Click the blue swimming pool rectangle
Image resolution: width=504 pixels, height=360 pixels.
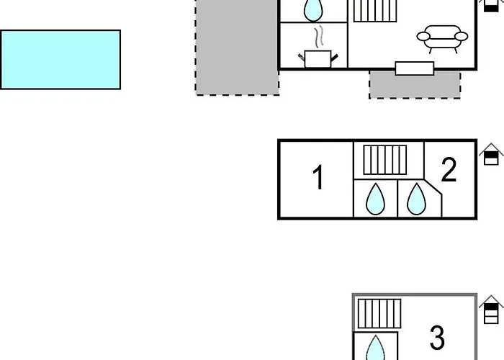click(60, 59)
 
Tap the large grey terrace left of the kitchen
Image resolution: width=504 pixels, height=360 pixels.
click(236, 50)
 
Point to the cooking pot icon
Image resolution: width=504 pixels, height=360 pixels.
click(318, 58)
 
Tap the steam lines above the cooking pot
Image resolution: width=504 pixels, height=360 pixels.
click(319, 37)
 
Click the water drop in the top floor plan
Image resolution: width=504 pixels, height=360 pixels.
click(313, 10)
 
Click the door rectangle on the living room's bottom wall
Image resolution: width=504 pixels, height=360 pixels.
click(415, 68)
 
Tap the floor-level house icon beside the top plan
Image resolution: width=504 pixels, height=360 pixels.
click(491, 4)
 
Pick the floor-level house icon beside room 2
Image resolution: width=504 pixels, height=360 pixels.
click(491, 155)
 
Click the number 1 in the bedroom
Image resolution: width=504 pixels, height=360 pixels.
click(318, 178)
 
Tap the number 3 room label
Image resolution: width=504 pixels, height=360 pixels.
click(437, 336)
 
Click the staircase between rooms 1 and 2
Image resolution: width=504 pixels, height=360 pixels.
click(385, 159)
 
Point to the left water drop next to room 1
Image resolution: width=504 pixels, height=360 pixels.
click(374, 199)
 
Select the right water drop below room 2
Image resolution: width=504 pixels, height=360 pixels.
click(415, 199)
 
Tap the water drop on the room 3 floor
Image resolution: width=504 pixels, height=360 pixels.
click(375, 348)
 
